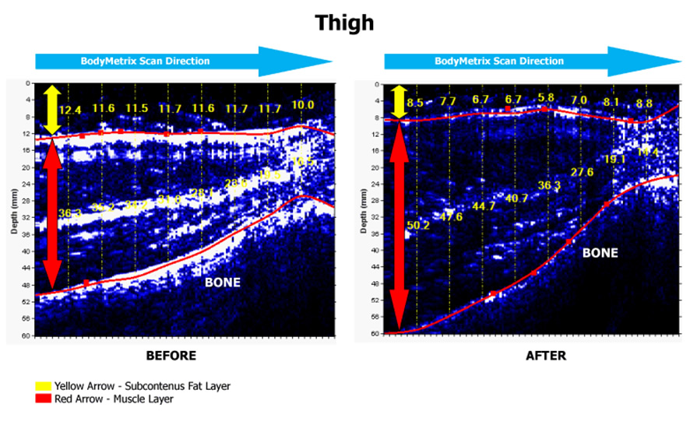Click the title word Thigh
click(344, 23)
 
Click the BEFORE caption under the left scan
click(171, 356)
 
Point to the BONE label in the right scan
click(600, 253)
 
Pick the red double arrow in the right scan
click(399, 226)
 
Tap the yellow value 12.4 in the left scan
click(69, 111)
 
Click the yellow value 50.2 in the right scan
click(419, 226)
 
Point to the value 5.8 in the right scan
click(546, 98)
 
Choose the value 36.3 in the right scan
click(550, 185)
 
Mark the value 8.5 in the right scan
click(414, 102)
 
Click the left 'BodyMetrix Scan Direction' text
click(146, 61)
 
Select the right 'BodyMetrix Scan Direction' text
click(499, 61)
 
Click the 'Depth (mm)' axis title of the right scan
click(364, 210)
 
